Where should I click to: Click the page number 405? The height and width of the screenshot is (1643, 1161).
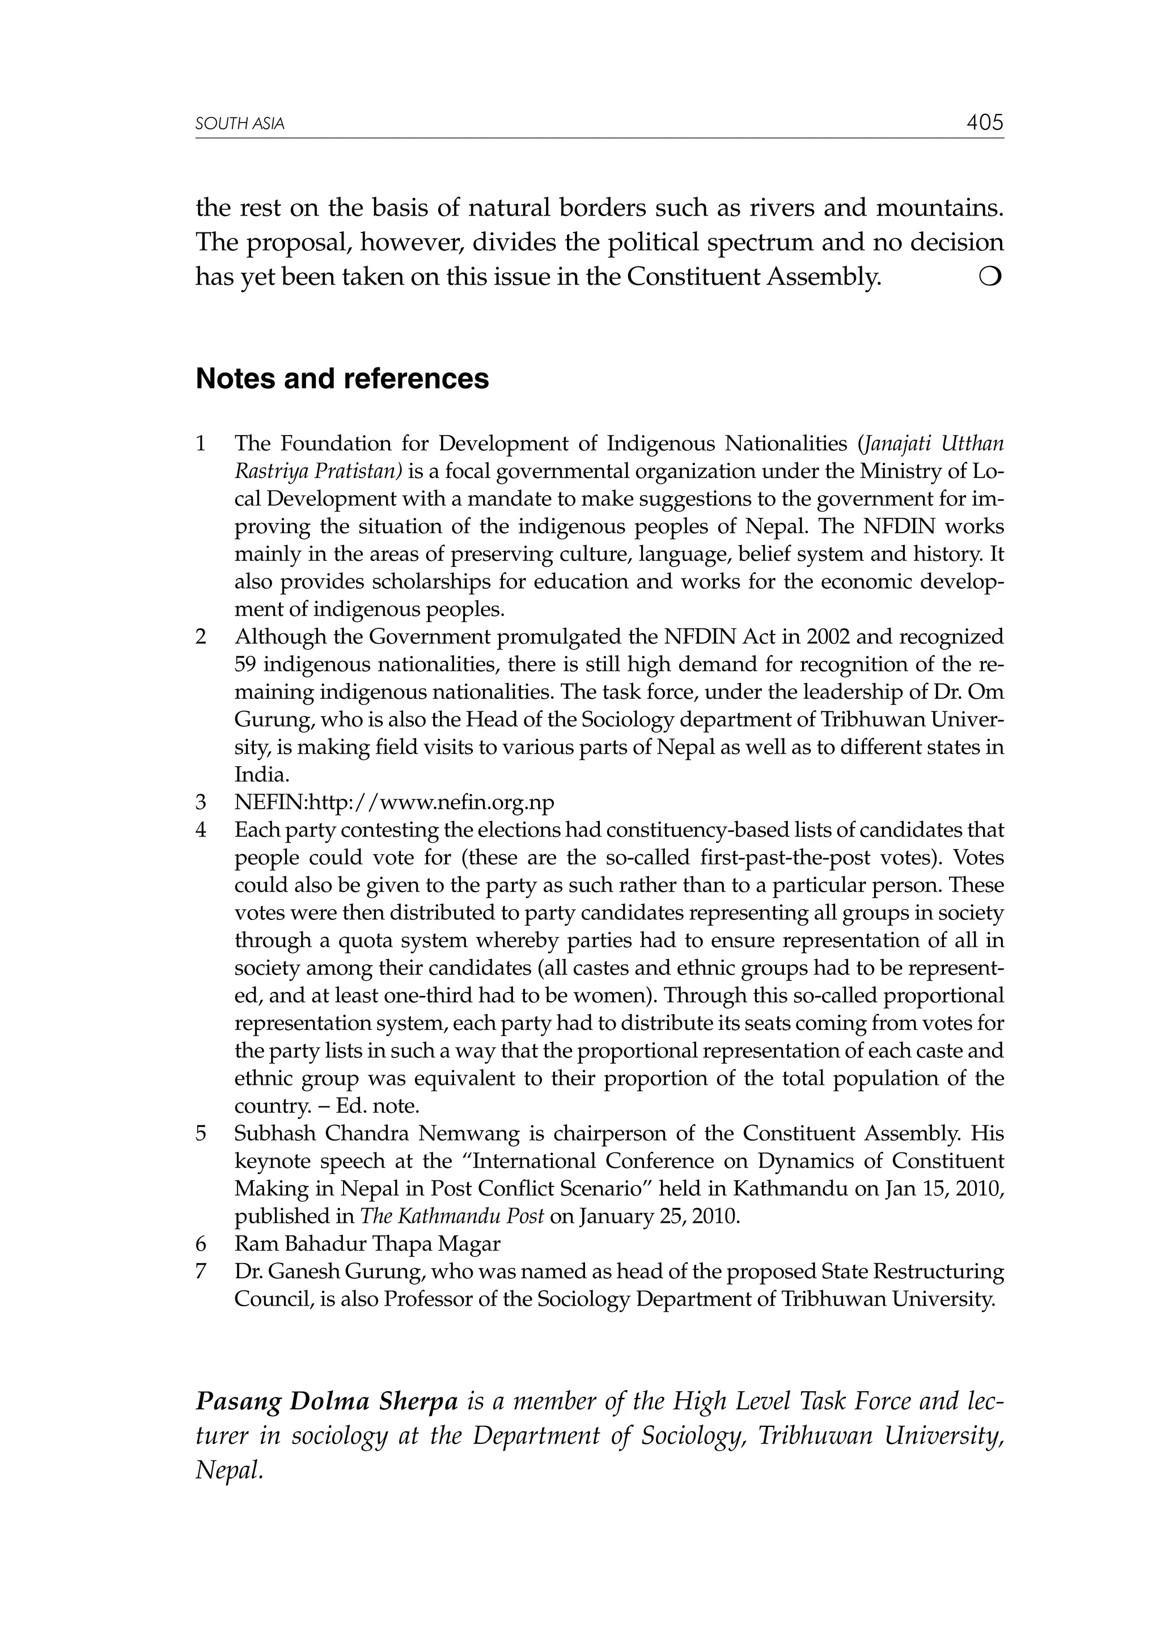984,123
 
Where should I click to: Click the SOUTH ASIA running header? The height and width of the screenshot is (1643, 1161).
240,125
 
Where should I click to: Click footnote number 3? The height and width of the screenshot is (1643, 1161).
201,802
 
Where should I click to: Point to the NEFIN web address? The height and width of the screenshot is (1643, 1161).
394,802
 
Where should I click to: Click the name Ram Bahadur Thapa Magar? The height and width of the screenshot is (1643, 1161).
367,1244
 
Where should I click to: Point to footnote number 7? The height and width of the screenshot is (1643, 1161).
201,1272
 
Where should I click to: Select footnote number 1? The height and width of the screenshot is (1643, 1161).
201,444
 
